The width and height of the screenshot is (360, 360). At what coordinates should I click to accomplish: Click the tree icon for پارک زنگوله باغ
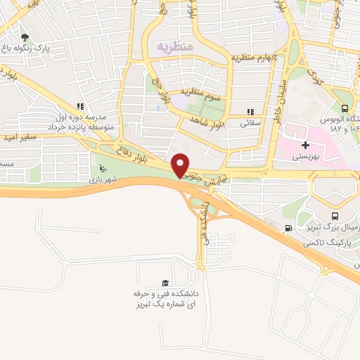25,38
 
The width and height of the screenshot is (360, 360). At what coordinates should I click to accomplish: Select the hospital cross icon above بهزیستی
305,144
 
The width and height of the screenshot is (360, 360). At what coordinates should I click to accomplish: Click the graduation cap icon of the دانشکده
165,282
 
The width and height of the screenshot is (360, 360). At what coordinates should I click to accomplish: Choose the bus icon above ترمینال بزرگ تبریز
334,217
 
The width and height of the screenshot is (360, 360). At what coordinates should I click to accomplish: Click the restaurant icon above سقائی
250,111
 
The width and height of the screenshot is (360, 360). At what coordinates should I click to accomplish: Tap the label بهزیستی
307,158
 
